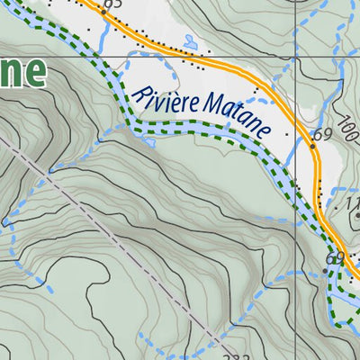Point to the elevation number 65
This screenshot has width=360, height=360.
[x=112, y=5]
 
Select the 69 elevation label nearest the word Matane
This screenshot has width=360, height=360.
[x=323, y=136]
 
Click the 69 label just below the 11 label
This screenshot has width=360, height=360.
[x=337, y=259]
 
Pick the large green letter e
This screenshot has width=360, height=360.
[x=34, y=72]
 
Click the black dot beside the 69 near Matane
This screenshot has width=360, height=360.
[x=312, y=144]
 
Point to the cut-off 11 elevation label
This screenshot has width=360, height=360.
[x=352, y=205]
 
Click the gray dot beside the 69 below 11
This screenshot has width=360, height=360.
[x=326, y=269]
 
